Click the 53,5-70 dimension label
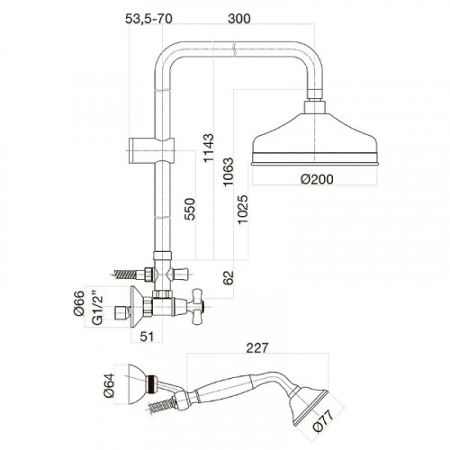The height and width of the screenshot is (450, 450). [148, 19]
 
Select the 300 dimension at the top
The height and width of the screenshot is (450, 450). [239, 19]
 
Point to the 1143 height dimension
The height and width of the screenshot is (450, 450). [209, 148]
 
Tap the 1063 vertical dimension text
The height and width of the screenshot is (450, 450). [228, 172]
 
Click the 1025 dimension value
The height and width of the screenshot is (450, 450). [242, 209]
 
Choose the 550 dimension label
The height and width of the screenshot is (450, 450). [190, 209]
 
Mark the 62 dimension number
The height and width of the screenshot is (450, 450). [228, 277]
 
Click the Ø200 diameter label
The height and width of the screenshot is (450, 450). [317, 179]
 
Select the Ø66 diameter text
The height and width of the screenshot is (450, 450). [78, 303]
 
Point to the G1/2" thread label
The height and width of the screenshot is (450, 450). [97, 307]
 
